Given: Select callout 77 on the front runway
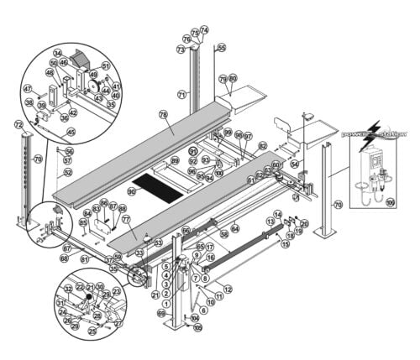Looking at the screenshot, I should click(x=126, y=219).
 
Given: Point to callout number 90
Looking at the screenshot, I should click(x=131, y=192).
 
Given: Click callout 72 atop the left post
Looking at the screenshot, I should click(x=18, y=124).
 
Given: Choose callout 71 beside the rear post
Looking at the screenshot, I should click(x=181, y=94).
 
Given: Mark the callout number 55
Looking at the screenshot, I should click(x=221, y=49).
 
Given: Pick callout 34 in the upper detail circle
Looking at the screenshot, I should click(x=57, y=53).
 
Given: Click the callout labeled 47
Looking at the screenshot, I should click(x=27, y=88).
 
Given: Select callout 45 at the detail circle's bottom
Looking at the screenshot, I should click(x=71, y=132).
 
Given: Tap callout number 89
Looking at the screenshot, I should click(x=175, y=159).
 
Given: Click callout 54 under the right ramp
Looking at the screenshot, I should click(x=294, y=164).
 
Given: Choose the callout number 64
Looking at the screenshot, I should click(x=235, y=227).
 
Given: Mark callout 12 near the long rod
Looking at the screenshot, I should click(x=228, y=289).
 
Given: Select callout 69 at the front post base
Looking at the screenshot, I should click(x=160, y=312).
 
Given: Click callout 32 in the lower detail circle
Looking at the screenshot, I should click(x=68, y=289).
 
